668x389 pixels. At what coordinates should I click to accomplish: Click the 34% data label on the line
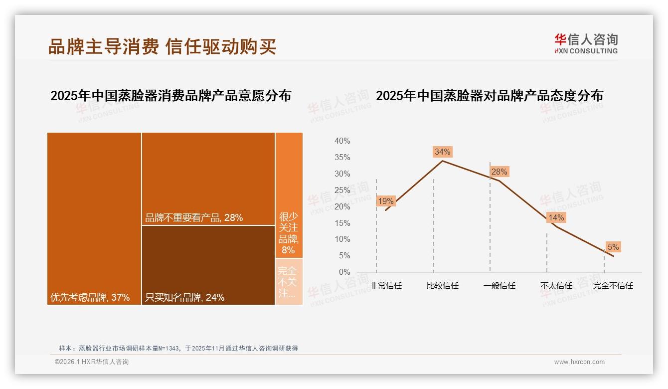(x=442, y=152)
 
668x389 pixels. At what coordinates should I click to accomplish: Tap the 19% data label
(x=386, y=201)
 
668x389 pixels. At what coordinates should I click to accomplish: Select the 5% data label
(x=613, y=247)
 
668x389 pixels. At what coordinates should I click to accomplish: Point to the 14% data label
(x=556, y=217)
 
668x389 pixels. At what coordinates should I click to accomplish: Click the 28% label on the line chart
(x=499, y=172)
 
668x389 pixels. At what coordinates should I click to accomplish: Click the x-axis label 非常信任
(x=386, y=286)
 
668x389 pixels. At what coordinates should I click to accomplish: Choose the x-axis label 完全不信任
(x=613, y=286)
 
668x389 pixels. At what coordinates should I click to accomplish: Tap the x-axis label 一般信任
(x=499, y=286)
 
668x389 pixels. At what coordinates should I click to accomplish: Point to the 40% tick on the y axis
(x=342, y=141)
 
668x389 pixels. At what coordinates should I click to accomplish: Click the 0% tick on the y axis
(x=344, y=272)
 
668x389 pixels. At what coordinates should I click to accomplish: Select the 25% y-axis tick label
(x=342, y=190)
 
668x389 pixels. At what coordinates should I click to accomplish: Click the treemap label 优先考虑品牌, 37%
(x=90, y=298)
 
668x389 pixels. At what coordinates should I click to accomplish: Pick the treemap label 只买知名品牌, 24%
(x=184, y=298)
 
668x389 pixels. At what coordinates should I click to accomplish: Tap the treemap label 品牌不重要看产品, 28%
(x=194, y=217)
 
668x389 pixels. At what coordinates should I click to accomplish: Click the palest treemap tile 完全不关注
(x=289, y=282)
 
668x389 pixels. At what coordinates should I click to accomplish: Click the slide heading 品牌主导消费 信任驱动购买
(x=162, y=47)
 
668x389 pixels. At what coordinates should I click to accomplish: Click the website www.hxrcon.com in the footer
(x=579, y=362)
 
